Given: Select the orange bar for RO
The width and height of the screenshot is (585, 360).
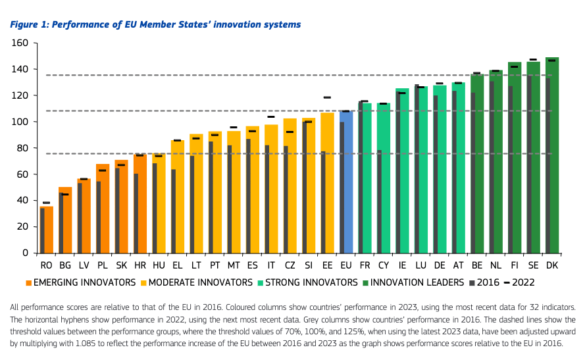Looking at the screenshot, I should click(x=47, y=230).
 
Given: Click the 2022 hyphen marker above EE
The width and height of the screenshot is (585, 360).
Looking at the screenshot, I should click(x=327, y=97).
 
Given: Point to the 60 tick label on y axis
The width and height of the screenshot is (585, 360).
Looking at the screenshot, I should click(x=22, y=174).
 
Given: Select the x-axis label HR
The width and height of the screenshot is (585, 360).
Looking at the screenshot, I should click(x=140, y=266).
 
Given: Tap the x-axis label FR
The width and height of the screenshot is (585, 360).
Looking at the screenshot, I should click(x=365, y=266).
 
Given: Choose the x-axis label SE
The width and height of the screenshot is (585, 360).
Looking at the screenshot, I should click(x=533, y=266).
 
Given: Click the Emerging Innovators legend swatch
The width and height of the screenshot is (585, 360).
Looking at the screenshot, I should click(x=28, y=283).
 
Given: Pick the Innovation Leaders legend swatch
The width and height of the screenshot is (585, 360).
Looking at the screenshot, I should click(x=365, y=283).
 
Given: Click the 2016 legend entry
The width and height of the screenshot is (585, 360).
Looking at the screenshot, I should click(x=483, y=283).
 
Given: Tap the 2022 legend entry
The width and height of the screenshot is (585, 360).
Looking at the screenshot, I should click(x=519, y=283).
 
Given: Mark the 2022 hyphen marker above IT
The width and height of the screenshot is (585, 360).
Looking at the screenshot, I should click(x=271, y=116).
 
